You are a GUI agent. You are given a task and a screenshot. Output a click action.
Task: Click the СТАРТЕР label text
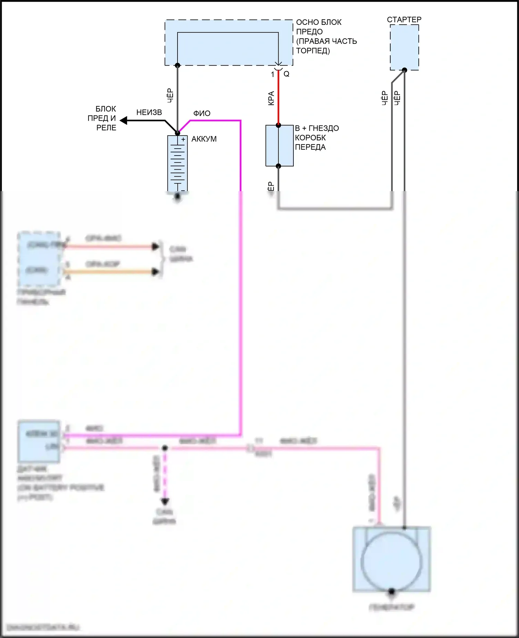click(x=404, y=19)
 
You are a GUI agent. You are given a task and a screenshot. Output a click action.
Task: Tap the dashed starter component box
click(x=404, y=47)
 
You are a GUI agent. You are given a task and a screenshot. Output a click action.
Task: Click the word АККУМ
click(x=204, y=139)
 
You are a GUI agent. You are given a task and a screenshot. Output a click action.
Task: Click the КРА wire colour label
click(x=271, y=98)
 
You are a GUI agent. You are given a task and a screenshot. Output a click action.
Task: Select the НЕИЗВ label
click(x=149, y=112)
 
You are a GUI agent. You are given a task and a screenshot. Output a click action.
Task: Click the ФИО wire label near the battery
click(x=202, y=113)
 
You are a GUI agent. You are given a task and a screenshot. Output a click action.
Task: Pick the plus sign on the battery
click(x=183, y=139)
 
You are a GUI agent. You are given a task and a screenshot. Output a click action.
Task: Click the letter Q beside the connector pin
click(x=286, y=74)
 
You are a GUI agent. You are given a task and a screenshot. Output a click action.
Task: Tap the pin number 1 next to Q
click(x=273, y=74)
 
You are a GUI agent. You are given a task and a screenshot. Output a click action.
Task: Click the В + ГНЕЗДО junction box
click(x=279, y=146)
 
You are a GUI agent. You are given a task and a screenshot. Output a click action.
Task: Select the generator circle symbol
click(x=391, y=562)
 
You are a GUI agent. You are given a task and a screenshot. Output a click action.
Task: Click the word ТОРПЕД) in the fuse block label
click(x=313, y=50)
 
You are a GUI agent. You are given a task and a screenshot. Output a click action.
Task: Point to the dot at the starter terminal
click(x=404, y=70)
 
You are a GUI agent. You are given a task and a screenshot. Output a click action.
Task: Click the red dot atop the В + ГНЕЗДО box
click(x=279, y=125)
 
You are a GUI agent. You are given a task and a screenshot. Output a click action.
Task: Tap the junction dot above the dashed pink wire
click(x=165, y=448)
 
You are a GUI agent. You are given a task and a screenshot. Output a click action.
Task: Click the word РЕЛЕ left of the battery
click(x=106, y=128)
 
